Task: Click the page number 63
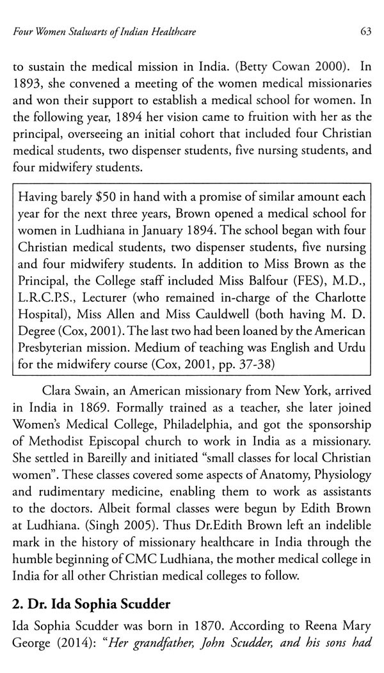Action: (366, 33)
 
